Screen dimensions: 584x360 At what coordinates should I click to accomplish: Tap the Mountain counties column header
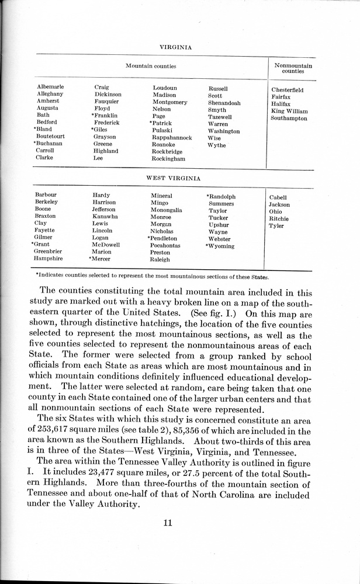pyautogui.click(x=151, y=67)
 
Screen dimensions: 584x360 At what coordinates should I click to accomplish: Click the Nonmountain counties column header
pyautogui.click(x=293, y=69)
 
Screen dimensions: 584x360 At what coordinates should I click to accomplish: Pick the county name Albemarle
pyautogui.click(x=50, y=87)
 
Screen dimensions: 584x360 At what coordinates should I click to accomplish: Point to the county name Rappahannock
pyautogui.click(x=172, y=138)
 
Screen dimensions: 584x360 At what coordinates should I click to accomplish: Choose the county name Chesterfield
pyautogui.click(x=288, y=90)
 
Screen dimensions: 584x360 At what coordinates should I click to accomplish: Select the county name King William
pyautogui.click(x=289, y=111)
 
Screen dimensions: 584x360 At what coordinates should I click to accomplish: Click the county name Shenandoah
pyautogui.click(x=224, y=103)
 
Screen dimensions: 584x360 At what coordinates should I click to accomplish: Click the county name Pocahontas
pyautogui.click(x=165, y=246)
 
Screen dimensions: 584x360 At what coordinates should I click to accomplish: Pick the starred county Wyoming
pyautogui.click(x=220, y=246)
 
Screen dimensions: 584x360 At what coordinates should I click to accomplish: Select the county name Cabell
pyautogui.click(x=278, y=198)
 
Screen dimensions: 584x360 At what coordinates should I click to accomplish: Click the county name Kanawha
pyautogui.click(x=105, y=217)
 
